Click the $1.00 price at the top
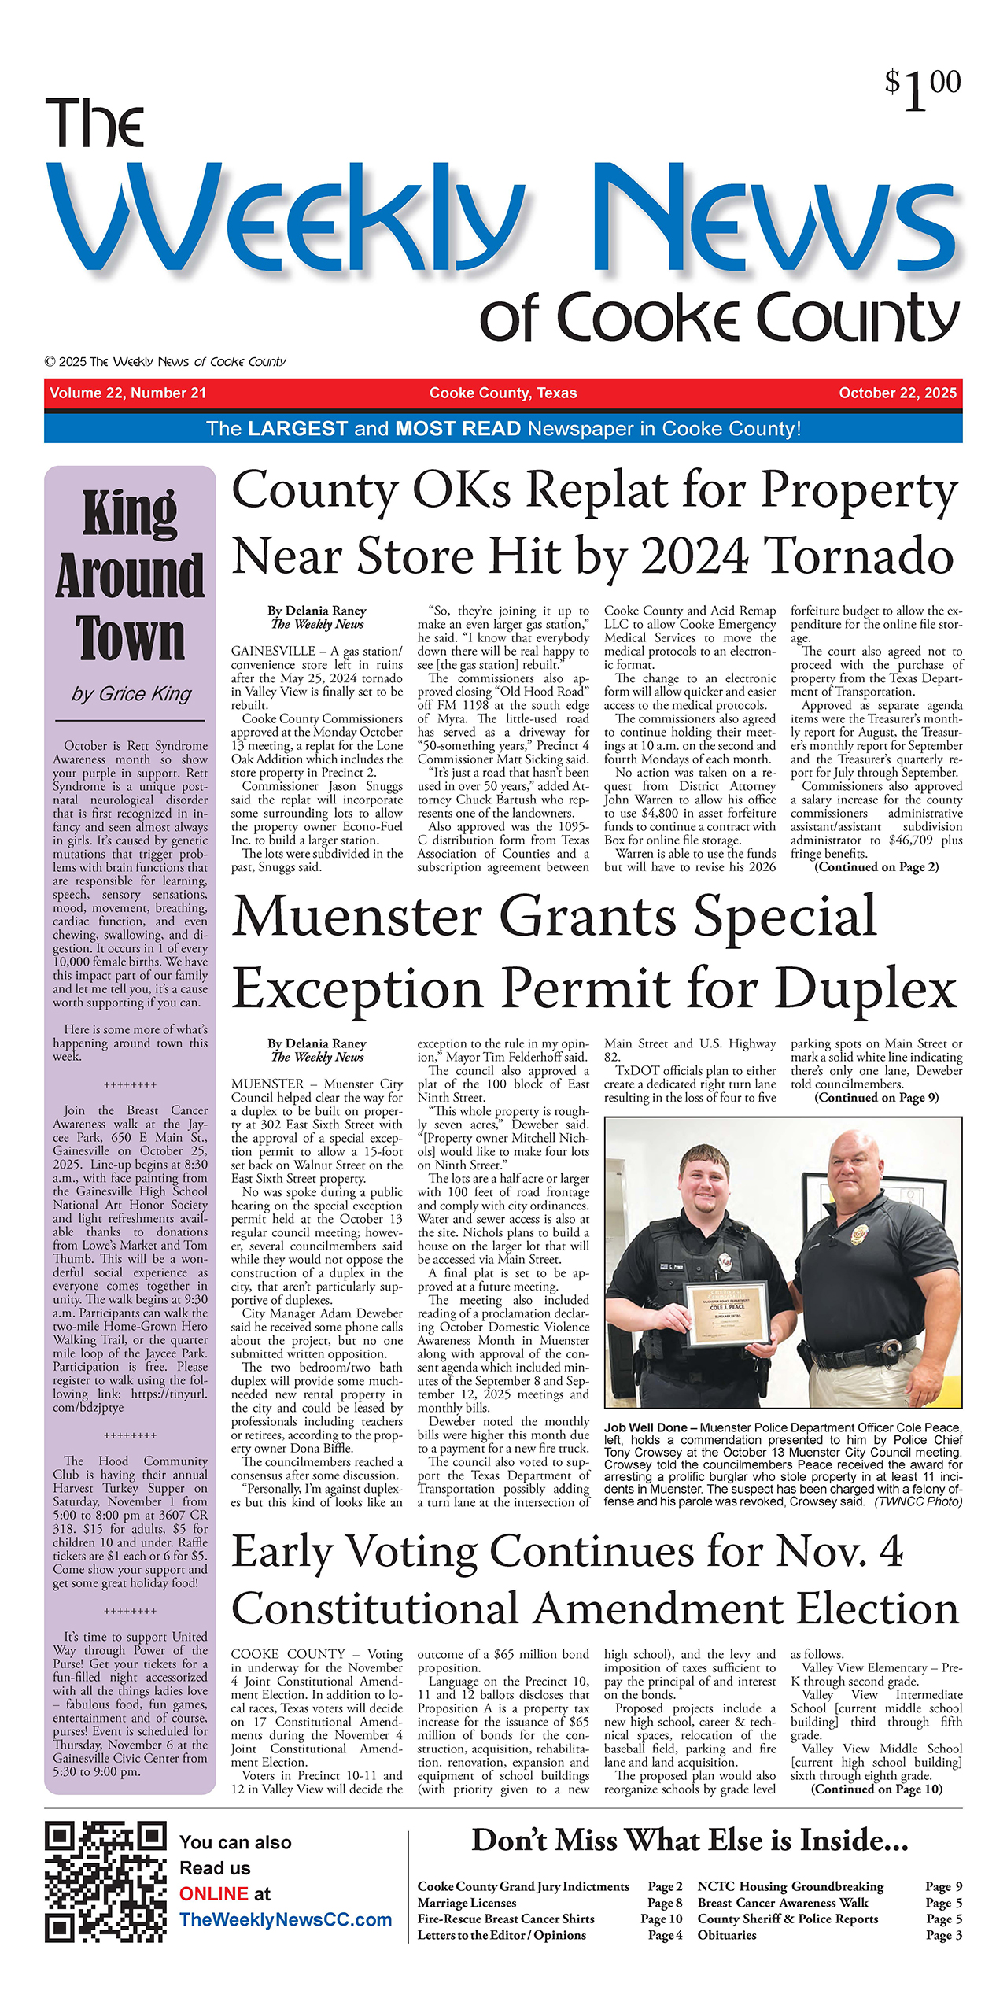click(x=922, y=88)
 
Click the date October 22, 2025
click(x=898, y=393)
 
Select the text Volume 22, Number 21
click(x=127, y=393)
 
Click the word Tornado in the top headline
click(x=858, y=556)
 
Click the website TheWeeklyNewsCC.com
click(x=286, y=1919)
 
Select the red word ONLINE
click(x=214, y=1893)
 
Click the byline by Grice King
click(x=131, y=693)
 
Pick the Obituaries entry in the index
click(x=727, y=1935)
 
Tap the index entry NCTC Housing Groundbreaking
click(x=790, y=1886)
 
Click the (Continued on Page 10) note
click(x=876, y=1789)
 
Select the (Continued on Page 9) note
click(x=876, y=1098)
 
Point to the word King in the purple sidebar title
click(x=131, y=513)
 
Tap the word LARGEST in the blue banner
click(x=297, y=429)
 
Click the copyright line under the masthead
click(x=165, y=362)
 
